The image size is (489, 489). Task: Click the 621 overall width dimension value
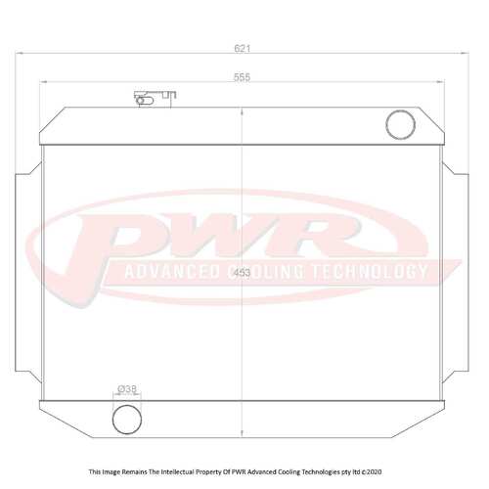(243, 46)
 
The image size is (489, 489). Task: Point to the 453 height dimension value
(244, 275)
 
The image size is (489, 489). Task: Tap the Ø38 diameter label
(126, 388)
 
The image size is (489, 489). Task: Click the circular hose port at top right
(401, 123)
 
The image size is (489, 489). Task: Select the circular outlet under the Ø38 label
(126, 419)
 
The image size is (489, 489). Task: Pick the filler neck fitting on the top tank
(155, 98)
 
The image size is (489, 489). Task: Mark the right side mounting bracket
(457, 225)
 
